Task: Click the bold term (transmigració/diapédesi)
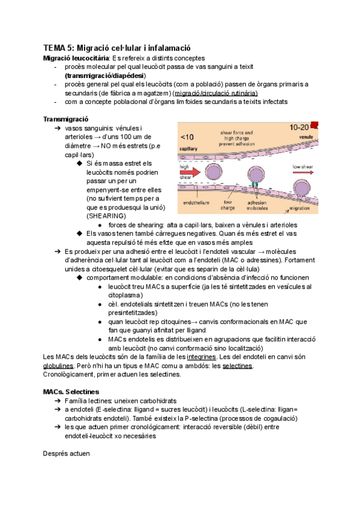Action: [x=104, y=76]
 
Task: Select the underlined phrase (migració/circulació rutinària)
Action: [x=215, y=93]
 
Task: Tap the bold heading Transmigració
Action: [x=67, y=119]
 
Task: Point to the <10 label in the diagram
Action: [x=188, y=137]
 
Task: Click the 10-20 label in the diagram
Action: [x=299, y=127]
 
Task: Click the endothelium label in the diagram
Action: [x=196, y=203]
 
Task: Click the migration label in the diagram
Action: [x=299, y=208]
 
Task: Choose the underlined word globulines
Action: [x=59, y=366]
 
